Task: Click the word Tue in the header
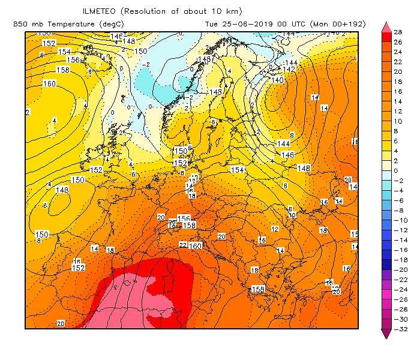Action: [x=212, y=24]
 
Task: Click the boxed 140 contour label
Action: [x=277, y=80]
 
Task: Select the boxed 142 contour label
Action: [x=289, y=70]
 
